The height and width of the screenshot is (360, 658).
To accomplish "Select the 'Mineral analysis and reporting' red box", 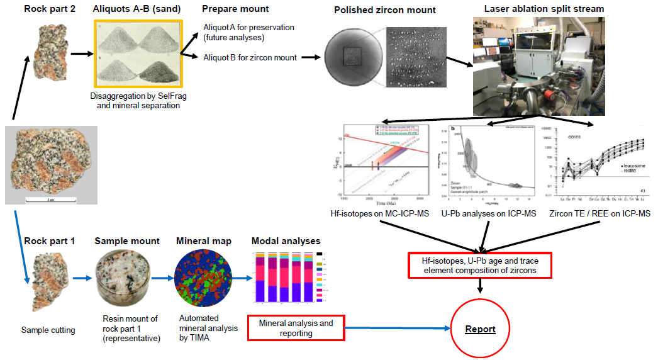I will pos(296,328).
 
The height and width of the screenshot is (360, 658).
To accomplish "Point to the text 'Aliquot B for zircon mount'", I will pos(250,58).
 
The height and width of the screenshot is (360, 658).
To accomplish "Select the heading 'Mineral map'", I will pos(200,240).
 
